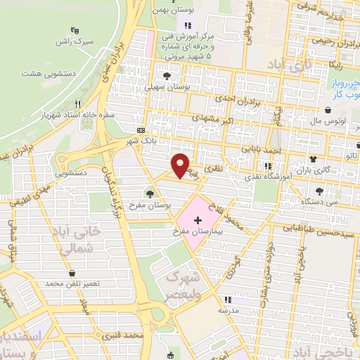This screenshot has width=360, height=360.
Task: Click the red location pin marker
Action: tap(181, 165)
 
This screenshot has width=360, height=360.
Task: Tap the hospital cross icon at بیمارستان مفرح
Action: tap(197, 221)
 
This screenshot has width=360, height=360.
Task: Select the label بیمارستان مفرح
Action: tap(197, 231)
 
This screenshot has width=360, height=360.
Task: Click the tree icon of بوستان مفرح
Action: tap(150, 191)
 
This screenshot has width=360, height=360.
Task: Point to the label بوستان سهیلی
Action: tap(167, 88)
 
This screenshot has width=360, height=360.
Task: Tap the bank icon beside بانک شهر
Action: tap(141, 131)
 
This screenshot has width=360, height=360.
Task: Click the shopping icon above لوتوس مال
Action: tap(330, 110)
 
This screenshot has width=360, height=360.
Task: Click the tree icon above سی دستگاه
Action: tap(320, 191)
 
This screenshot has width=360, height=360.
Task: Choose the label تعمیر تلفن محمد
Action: tap(73, 283)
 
